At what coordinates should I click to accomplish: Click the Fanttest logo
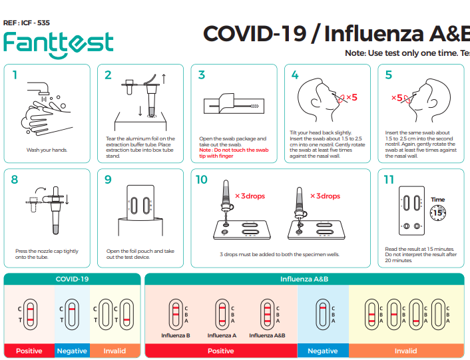(x=58, y=43)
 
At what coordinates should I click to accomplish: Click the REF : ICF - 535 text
(x=27, y=22)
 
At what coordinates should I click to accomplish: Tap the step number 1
(x=15, y=75)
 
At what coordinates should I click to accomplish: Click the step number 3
(x=202, y=75)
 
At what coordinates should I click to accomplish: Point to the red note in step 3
(x=234, y=153)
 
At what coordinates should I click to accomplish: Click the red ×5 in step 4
(x=350, y=97)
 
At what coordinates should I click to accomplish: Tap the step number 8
(x=15, y=180)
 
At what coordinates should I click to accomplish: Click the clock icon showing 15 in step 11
(x=437, y=212)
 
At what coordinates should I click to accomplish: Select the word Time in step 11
(x=437, y=200)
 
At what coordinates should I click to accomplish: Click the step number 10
(x=202, y=180)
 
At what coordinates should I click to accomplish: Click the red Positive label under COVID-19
(x=29, y=351)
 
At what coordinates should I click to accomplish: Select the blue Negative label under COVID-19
(x=71, y=351)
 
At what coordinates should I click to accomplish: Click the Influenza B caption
(x=176, y=335)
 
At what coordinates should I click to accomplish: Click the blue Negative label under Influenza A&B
(x=323, y=351)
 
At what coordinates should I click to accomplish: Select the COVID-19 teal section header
(x=72, y=279)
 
